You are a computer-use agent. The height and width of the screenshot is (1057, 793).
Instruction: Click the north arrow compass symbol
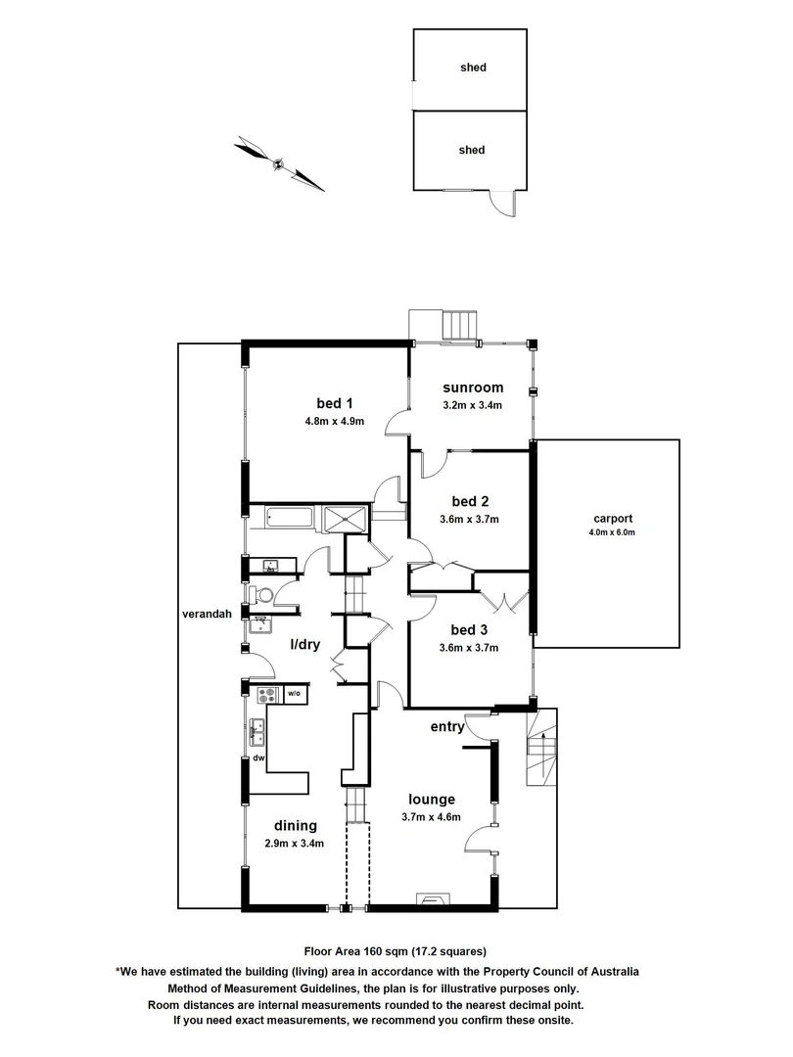pos(279,163)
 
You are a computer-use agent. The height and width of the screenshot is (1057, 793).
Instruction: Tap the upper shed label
pos(473,69)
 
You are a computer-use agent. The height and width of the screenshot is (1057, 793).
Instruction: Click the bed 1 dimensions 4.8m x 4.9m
pos(334,422)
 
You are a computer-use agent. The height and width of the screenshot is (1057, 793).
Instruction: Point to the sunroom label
pos(472,387)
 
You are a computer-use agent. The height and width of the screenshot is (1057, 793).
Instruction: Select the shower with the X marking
pos(344,517)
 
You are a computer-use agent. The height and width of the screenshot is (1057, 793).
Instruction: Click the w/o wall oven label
pos(293,695)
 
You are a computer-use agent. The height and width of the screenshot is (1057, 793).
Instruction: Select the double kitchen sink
pos(257,728)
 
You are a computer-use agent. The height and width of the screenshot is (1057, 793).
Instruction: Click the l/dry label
pos(307,646)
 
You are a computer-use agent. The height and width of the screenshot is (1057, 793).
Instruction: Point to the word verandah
pos(207,615)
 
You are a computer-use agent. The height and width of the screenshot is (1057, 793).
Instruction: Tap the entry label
pos(447,727)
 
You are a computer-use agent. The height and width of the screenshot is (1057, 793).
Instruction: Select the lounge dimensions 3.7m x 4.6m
pos(431,817)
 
